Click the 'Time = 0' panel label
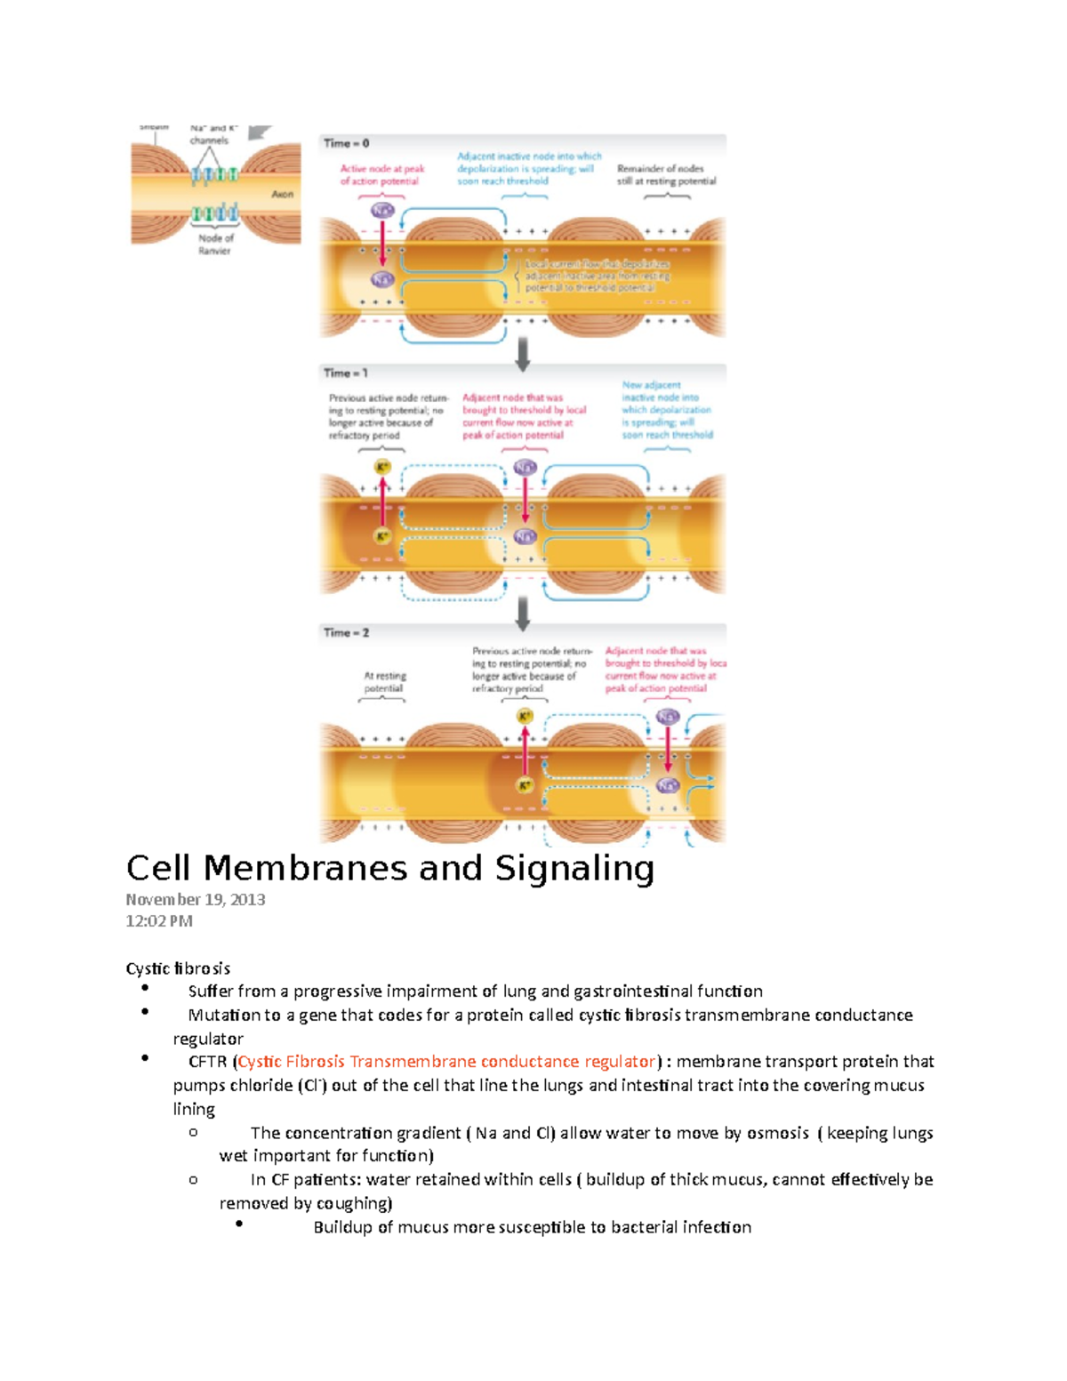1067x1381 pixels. (346, 143)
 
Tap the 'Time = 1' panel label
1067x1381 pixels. (345, 373)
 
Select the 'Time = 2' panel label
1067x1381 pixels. (346, 633)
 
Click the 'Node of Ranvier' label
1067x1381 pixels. (215, 245)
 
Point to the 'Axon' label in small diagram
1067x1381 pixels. (282, 194)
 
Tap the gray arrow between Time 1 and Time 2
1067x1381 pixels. (523, 613)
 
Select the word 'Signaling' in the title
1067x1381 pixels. (574, 869)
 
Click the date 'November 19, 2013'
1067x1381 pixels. (196, 900)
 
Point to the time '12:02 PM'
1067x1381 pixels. (159, 921)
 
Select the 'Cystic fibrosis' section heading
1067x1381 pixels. (178, 968)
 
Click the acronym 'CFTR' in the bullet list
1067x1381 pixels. (207, 1062)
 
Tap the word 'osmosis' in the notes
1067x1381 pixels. (777, 1133)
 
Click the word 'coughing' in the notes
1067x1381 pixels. (351, 1203)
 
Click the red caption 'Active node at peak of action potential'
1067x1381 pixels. (381, 174)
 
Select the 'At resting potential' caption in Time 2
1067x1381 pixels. (383, 682)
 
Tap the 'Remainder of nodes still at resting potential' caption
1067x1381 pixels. (666, 174)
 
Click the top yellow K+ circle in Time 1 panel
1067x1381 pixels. (382, 468)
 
